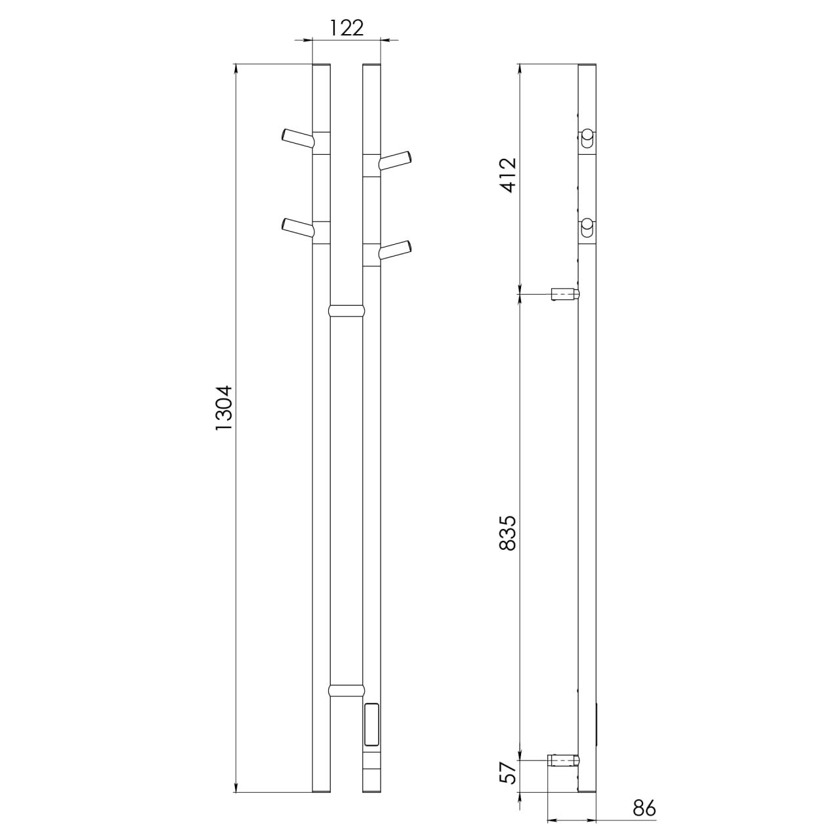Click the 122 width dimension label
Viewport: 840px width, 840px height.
(346, 28)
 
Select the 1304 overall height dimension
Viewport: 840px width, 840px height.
(225, 408)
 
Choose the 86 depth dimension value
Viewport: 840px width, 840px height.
(644, 796)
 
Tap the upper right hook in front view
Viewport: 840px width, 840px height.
(395, 160)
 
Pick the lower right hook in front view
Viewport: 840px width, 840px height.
(395, 250)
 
